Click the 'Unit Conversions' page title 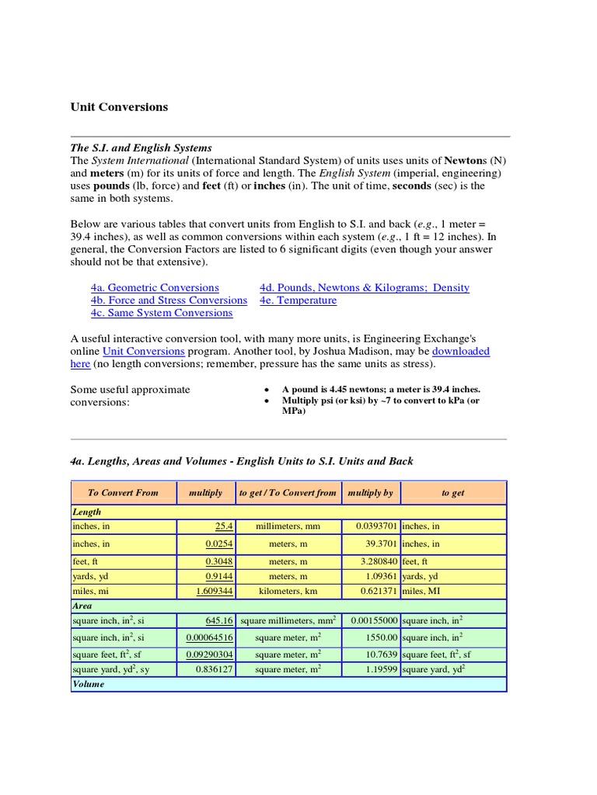[119, 107]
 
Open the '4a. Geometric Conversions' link [155, 287]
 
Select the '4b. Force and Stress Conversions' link [169, 300]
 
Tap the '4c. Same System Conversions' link [161, 313]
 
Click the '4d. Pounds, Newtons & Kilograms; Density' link [365, 287]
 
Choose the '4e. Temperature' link [298, 300]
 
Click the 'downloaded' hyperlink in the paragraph [460, 351]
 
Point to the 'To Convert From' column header [123, 492]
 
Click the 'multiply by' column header [370, 492]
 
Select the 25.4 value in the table [224, 526]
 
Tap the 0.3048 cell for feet [219, 561]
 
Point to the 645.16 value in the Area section [218, 621]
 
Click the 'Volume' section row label [88, 684]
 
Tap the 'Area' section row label [82, 606]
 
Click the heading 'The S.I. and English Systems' [141, 148]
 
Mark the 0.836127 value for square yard [214, 669]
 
